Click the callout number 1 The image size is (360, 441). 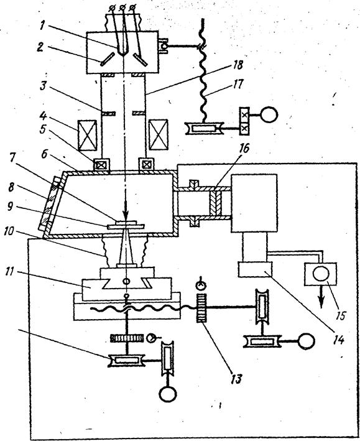[42, 26]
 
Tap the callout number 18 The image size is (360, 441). [238, 65]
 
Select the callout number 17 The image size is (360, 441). [238, 84]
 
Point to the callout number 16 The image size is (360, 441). [244, 148]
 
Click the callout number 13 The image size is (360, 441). [236, 379]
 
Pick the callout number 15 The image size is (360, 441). [340, 315]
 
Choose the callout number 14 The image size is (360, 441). [339, 340]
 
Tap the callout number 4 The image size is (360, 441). [43, 116]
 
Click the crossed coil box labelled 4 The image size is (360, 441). [87, 135]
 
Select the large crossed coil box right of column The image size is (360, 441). [159, 135]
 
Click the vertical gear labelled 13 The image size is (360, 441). [201, 309]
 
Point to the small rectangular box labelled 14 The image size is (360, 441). [256, 269]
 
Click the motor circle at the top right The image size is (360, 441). [269, 114]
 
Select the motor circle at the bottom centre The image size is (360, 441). [168, 393]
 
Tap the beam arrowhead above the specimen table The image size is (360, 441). [126, 215]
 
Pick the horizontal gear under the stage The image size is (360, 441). [127, 338]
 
